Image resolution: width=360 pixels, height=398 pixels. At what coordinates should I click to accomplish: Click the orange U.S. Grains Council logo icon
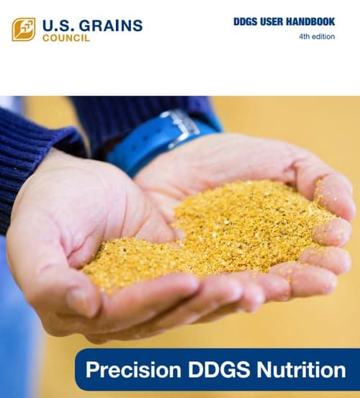point(23,29)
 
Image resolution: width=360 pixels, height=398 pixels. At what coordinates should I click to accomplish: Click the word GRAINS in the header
point(109,26)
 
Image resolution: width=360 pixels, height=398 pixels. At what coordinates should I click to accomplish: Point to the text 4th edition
point(317,37)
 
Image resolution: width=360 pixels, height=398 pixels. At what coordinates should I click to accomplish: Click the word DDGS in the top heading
point(246,22)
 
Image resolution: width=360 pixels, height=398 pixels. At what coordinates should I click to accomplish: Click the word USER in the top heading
point(275,22)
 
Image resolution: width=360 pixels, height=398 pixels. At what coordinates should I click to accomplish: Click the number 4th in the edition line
point(305,37)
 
